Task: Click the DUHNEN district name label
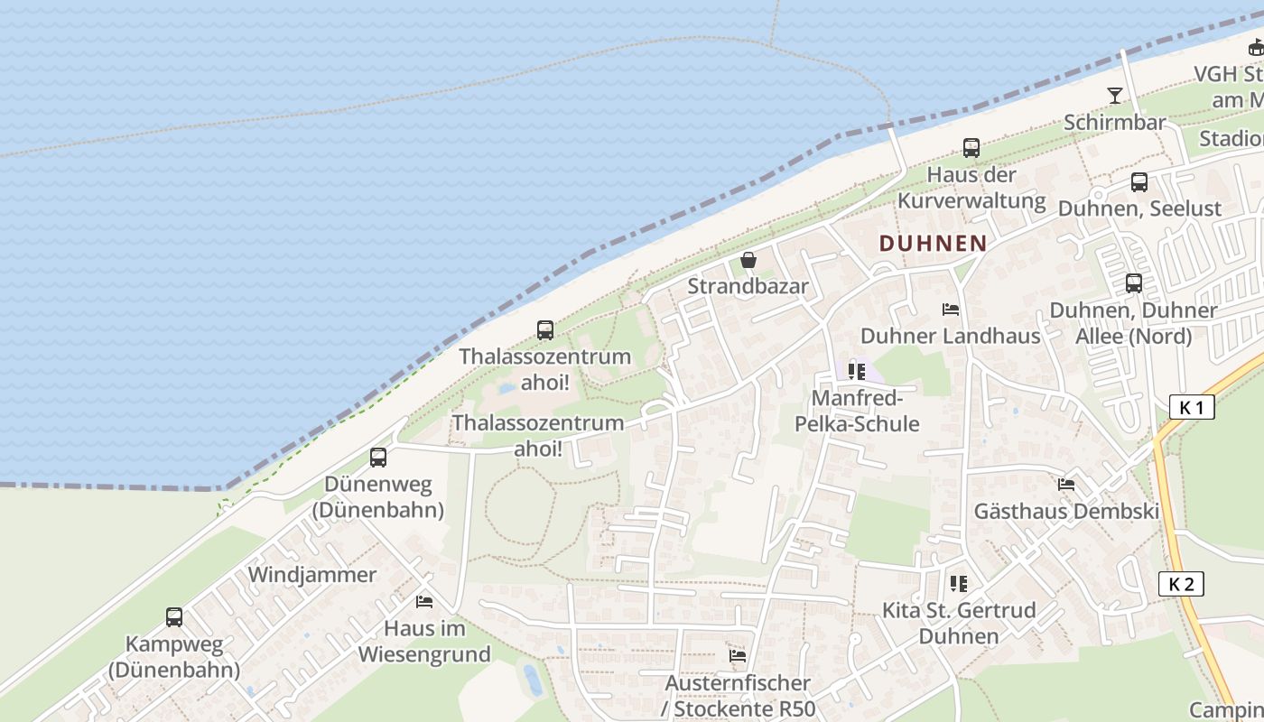point(933,243)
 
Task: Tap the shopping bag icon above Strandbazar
point(748,261)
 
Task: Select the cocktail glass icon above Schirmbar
point(1115,96)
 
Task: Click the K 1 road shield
point(1192,407)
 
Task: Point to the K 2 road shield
point(1181,584)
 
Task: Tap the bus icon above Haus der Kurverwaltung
point(971,148)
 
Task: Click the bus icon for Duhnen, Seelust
point(1139,182)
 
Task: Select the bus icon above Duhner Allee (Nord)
point(1134,283)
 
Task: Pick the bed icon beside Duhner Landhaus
point(951,310)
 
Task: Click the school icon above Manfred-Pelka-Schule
point(857,371)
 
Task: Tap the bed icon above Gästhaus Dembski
point(1066,485)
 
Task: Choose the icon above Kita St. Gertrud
point(958,584)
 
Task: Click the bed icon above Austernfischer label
point(738,656)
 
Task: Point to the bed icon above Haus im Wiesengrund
point(423,601)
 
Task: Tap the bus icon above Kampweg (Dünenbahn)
point(174,617)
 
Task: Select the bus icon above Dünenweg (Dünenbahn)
point(378,458)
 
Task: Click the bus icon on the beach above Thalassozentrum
point(545,330)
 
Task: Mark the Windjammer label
point(312,575)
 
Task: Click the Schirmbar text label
point(1115,122)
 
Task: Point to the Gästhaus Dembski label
point(1066,512)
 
